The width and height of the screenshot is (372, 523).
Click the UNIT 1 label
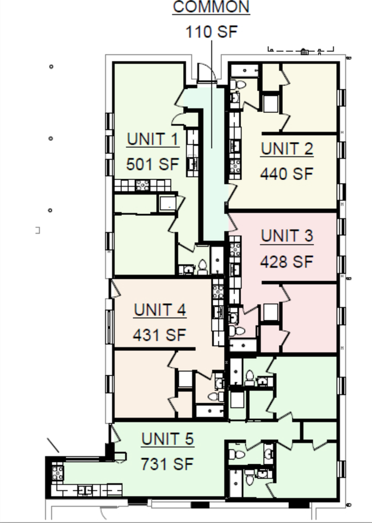152,139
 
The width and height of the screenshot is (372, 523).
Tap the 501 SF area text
152,163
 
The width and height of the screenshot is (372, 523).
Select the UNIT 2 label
287,149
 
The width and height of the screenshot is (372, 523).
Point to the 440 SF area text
287,174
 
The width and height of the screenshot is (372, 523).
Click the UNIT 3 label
287,236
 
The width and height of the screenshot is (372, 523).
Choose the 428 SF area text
287,261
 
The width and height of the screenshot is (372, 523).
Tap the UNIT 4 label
160,310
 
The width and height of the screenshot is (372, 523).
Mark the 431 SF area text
160,335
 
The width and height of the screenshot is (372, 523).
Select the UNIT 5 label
168,439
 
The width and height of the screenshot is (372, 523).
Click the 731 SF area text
168,464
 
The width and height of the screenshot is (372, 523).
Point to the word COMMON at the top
211,7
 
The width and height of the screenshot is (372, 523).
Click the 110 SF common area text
212,32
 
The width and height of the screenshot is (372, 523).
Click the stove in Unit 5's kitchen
58,471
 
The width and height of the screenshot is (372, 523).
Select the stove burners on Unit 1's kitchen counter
142,185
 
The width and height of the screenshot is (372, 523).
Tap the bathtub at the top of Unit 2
244,70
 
